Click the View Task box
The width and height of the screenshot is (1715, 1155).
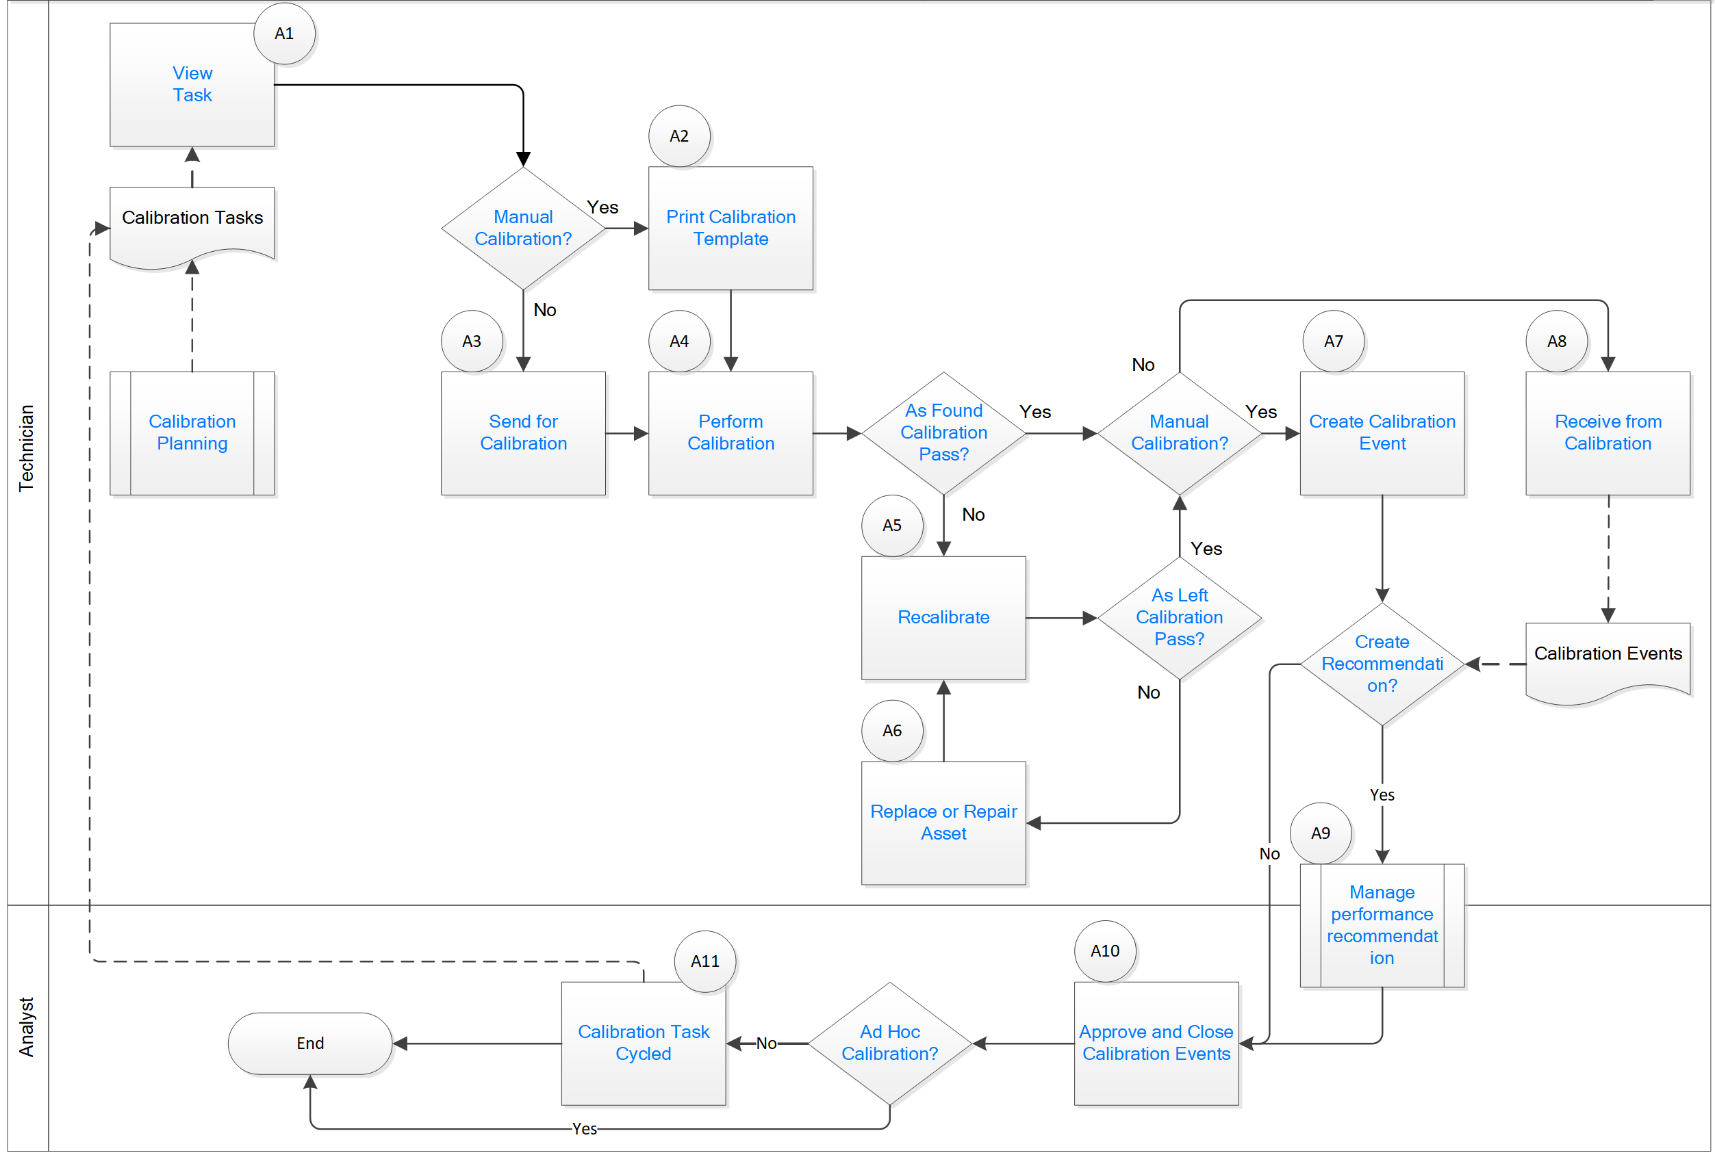(192, 85)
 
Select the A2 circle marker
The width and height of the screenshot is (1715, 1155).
(678, 136)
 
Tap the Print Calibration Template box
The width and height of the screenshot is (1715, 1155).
(731, 229)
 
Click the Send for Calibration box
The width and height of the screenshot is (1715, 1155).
(523, 433)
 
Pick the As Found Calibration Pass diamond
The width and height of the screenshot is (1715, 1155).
(943, 433)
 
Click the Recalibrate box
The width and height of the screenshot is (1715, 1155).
(943, 617)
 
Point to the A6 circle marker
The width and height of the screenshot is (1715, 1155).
(892, 731)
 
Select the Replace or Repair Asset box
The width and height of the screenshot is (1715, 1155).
(943, 822)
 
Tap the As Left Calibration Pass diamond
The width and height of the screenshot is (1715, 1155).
(1179, 617)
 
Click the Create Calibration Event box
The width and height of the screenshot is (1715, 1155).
(1382, 433)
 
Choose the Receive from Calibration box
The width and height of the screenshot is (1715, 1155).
(1608, 433)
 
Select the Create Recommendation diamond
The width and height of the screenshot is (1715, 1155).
(1382, 664)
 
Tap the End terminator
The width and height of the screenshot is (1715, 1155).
(310, 1043)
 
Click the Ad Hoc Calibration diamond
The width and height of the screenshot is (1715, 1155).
(889, 1043)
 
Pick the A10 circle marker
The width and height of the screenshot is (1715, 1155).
(1105, 951)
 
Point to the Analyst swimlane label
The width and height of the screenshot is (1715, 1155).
(27, 1028)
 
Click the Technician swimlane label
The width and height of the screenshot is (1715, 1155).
(27, 448)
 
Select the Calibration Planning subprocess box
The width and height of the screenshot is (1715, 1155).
(192, 433)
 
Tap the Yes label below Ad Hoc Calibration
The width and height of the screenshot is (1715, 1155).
(585, 1128)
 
